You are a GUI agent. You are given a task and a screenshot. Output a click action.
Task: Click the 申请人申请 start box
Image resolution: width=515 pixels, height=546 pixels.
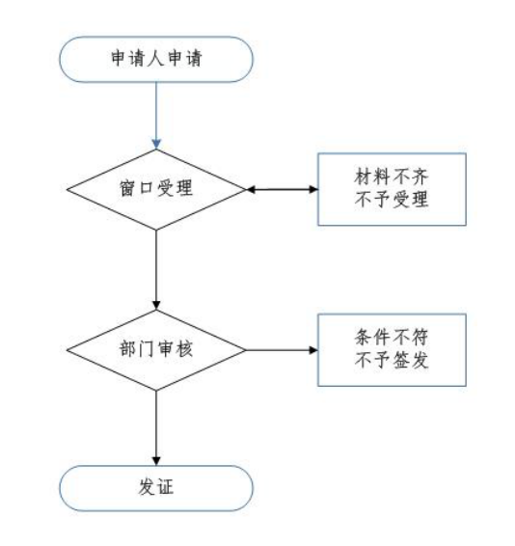pos(156,59)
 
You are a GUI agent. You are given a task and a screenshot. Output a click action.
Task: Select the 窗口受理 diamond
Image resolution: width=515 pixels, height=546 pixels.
pos(156,189)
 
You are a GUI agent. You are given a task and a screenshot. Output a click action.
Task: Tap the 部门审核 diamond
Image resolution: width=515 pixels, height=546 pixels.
pos(156,350)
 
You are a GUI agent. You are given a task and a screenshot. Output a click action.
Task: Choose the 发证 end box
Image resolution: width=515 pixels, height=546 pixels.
pos(156,488)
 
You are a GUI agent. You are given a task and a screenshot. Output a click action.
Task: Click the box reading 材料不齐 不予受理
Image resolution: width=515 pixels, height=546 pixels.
pos(392,189)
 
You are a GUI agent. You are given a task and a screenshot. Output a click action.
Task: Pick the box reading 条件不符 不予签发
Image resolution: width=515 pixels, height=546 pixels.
pos(392,350)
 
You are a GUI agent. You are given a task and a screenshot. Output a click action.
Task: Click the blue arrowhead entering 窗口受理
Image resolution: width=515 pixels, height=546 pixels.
pos(156,144)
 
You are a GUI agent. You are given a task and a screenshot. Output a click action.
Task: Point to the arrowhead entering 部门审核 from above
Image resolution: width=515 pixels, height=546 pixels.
pos(156,305)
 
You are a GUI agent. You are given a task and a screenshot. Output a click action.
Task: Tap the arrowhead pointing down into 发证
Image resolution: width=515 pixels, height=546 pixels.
pos(156,460)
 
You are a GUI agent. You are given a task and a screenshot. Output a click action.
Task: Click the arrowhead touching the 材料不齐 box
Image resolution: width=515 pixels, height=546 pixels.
pos(313,189)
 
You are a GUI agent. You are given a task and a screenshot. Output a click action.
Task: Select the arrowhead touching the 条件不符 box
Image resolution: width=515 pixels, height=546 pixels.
pos(313,350)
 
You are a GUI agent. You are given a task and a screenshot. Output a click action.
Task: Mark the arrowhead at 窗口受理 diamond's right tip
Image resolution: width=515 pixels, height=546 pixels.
pos(251,189)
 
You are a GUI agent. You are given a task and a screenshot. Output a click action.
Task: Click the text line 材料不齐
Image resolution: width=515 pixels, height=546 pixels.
pos(392,177)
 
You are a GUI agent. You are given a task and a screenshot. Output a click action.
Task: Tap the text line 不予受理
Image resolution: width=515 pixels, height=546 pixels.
pos(392,200)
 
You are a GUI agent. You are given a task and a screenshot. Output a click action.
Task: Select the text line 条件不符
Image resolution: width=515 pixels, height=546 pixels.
pos(392,337)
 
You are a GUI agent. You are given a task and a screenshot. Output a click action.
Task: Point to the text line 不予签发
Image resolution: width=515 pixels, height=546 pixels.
pos(392,360)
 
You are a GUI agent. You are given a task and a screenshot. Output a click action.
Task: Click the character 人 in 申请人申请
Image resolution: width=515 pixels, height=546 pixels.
pos(156,58)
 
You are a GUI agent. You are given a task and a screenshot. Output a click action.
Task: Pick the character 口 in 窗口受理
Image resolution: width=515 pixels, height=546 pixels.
pos(147,188)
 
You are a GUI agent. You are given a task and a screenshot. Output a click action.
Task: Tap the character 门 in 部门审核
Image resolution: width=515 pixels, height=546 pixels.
pos(147,348)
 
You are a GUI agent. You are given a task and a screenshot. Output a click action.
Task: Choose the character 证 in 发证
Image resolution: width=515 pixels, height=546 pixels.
pos(166,487)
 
